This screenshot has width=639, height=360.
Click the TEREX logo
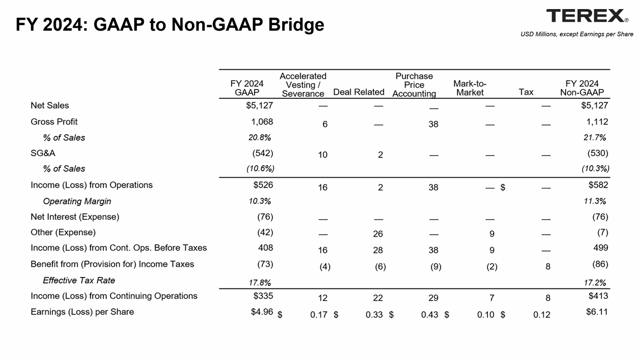(587, 16)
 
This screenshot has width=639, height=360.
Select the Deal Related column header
(359, 92)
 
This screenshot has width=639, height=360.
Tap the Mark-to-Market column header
(469, 88)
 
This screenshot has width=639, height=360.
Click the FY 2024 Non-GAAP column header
(582, 88)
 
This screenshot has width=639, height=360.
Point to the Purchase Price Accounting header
(414, 85)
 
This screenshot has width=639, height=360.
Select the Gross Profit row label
(54, 121)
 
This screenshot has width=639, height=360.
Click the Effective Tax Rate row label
(79, 280)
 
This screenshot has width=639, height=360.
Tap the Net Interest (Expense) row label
(75, 217)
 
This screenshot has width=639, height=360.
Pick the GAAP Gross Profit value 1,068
(262, 121)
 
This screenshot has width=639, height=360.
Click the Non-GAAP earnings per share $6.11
(597, 312)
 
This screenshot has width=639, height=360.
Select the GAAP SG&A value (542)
(262, 153)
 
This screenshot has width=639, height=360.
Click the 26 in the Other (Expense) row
(378, 234)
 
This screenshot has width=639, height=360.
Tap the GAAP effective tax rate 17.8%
(260, 282)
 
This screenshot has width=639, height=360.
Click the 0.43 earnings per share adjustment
(430, 314)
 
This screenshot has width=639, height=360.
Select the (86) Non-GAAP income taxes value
(600, 264)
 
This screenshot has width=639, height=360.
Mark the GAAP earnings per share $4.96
(262, 312)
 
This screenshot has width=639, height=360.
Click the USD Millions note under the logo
(577, 34)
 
